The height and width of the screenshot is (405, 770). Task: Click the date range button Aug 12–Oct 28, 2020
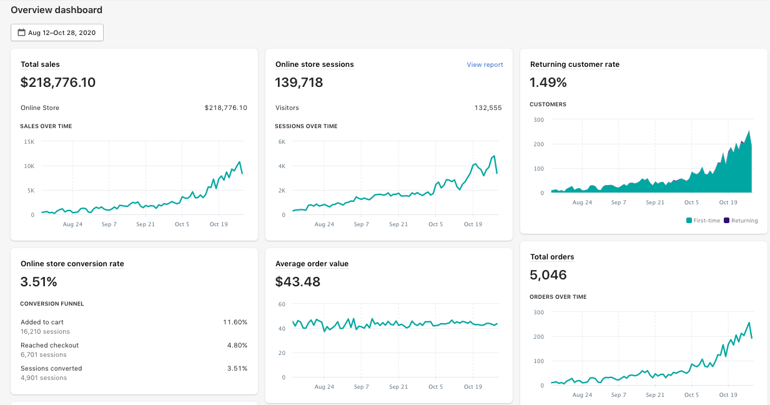57,32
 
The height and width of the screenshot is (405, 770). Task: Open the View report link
485,64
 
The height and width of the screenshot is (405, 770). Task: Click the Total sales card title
40,64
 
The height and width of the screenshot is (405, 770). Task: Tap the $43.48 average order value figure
297,282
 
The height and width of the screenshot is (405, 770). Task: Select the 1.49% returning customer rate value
548,82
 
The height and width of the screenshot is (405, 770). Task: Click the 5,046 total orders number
548,275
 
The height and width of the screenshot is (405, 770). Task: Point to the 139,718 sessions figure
299,82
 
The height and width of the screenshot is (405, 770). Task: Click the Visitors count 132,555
488,107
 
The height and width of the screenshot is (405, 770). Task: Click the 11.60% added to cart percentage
235,322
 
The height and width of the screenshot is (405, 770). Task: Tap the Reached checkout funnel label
49,345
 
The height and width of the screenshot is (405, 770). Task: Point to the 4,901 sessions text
44,377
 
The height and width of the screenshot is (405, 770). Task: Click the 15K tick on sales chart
29,142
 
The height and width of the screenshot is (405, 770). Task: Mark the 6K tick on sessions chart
282,142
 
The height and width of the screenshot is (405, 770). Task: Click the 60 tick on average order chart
282,304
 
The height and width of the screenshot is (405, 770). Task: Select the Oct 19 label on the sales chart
219,224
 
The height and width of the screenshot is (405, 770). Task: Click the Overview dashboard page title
56,10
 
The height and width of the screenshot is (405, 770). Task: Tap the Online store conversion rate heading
72,264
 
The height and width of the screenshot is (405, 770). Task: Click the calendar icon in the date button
21,32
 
